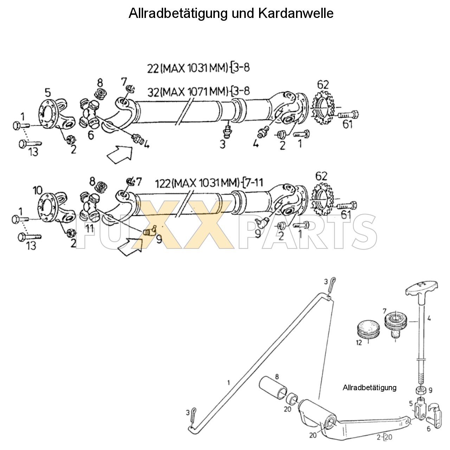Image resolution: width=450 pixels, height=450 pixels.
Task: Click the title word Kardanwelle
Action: pyautogui.click(x=296, y=13)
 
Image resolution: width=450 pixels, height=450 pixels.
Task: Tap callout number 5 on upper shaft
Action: pyautogui.click(x=48, y=93)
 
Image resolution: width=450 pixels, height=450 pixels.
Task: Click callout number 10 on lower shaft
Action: pyautogui.click(x=38, y=191)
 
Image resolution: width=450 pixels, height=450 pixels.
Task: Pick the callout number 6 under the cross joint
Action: pyautogui.click(x=91, y=135)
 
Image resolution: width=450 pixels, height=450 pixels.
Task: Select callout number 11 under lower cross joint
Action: pyautogui.click(x=89, y=228)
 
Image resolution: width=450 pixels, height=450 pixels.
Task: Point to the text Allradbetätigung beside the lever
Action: pyautogui.click(x=369, y=388)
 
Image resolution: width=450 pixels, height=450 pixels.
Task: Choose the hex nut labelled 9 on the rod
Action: pyautogui.click(x=420, y=390)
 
